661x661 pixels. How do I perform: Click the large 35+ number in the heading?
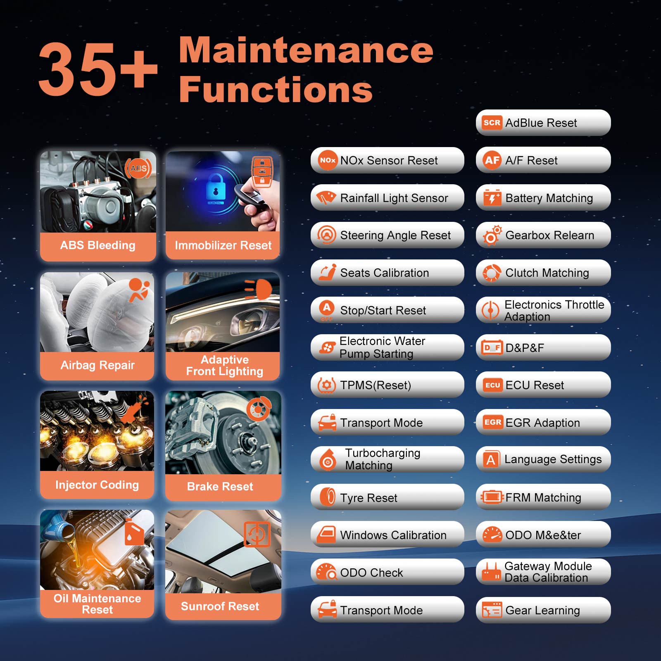click(98, 69)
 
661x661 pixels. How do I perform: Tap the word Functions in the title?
click(276, 89)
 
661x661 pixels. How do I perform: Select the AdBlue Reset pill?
click(543, 123)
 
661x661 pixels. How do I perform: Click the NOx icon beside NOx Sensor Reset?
click(328, 160)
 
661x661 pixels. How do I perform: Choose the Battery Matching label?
click(549, 198)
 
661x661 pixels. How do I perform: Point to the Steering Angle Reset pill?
click(388, 235)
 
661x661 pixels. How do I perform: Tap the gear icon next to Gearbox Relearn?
click(492, 235)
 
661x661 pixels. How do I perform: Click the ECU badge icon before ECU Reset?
click(492, 385)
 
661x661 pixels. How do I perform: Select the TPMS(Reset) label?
click(376, 385)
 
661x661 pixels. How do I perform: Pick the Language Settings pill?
click(543, 459)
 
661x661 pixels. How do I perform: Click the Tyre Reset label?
click(369, 498)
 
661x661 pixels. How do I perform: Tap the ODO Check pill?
click(388, 572)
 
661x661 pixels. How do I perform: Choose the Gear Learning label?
click(542, 610)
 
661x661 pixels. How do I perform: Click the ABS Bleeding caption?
click(98, 245)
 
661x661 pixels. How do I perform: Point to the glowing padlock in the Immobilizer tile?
click(215, 187)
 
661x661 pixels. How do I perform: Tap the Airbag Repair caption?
click(97, 365)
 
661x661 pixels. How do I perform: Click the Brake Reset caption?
click(220, 486)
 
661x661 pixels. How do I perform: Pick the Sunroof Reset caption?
click(220, 606)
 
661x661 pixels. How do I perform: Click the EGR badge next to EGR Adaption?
click(493, 422)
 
